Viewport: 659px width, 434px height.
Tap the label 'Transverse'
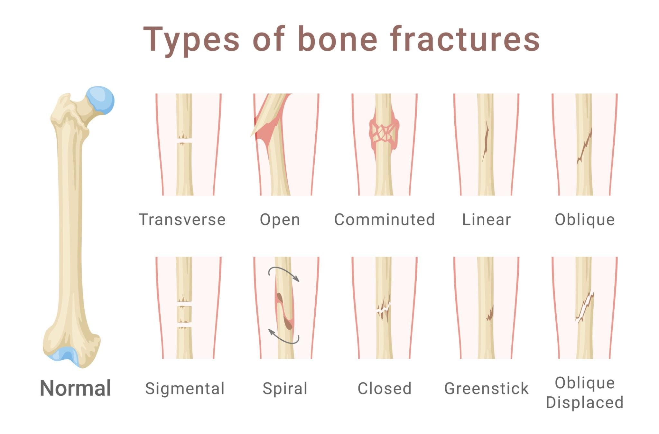tap(182, 220)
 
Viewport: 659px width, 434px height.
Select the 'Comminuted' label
tap(385, 220)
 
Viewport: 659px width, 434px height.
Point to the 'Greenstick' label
tap(486, 388)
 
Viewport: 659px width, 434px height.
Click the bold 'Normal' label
tap(75, 388)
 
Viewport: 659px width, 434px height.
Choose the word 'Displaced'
tap(585, 402)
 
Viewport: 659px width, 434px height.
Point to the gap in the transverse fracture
tap(184, 141)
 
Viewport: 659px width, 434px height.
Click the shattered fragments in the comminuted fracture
tap(384, 132)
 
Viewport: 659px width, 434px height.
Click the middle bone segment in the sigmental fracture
tap(184, 314)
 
